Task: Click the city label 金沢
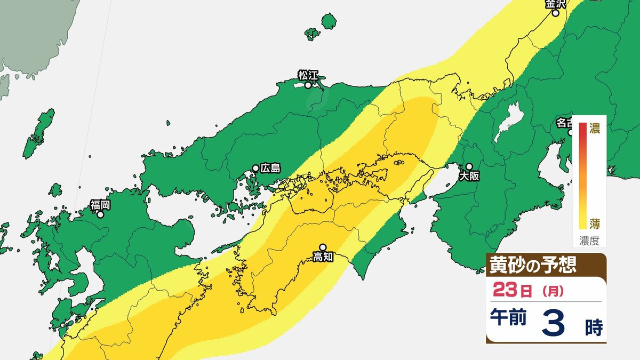[555, 4]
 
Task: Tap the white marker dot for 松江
[308, 84]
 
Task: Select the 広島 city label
[270, 168]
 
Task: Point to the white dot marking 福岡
[100, 215]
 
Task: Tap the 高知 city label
[323, 257]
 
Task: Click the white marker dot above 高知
[322, 247]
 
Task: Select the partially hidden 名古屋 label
[564, 123]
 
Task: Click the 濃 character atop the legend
[595, 128]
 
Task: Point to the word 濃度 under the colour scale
[589, 241]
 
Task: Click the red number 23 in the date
[506, 291]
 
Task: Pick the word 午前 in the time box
[509, 319]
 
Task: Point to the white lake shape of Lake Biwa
[505, 126]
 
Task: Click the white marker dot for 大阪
[469, 166]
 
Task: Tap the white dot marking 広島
[256, 168]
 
